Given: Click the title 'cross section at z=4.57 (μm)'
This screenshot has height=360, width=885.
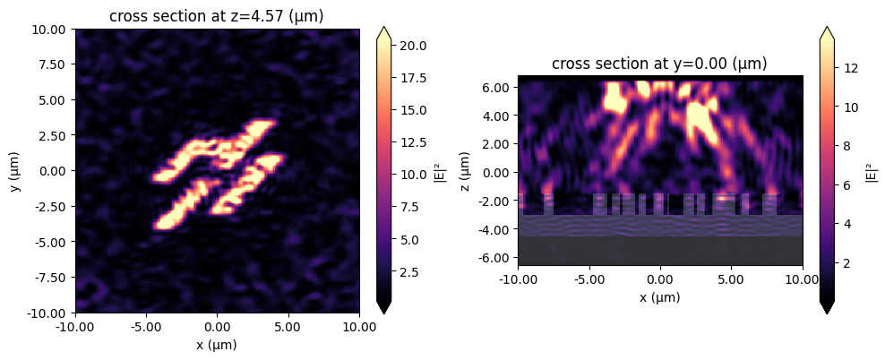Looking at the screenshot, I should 217,16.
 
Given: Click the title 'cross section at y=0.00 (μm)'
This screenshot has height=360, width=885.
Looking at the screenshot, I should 659,64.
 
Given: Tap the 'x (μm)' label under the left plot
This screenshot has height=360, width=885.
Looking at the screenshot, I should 217,343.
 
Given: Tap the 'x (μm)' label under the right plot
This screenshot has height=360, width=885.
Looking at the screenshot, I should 659,296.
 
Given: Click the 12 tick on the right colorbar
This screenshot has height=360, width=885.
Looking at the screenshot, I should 851,67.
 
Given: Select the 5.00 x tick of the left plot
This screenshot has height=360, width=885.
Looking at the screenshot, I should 288,326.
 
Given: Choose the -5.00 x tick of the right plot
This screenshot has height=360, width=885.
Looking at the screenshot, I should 589,279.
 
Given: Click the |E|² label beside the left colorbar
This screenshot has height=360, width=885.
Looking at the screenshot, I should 439,171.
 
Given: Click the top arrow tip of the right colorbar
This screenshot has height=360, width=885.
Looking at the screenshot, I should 828,28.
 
